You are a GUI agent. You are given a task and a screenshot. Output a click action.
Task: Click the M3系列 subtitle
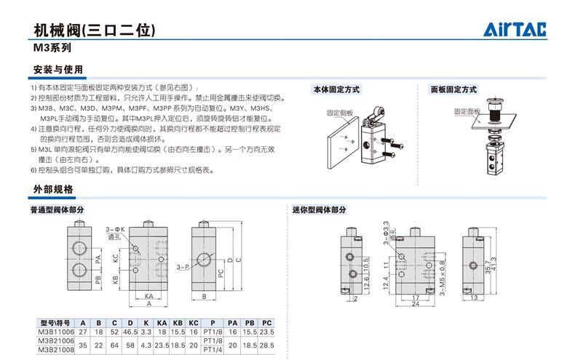tap(52, 49)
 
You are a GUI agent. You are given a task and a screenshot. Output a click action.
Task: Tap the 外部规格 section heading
tap(53, 189)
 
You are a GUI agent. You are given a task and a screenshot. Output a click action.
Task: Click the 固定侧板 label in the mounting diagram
tap(339, 113)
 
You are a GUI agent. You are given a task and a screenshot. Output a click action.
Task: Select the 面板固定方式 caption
tap(453, 89)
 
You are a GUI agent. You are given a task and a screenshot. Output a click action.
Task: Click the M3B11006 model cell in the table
tap(55, 332)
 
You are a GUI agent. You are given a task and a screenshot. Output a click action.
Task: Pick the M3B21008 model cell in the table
tap(55, 349)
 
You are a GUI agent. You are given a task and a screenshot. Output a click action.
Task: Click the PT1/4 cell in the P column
tap(213, 349)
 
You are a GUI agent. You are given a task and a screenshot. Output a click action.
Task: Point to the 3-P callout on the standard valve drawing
tap(183, 268)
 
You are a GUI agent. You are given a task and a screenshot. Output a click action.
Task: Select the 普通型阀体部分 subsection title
tap(57, 209)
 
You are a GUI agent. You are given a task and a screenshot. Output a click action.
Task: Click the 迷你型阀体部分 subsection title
tap(319, 209)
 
